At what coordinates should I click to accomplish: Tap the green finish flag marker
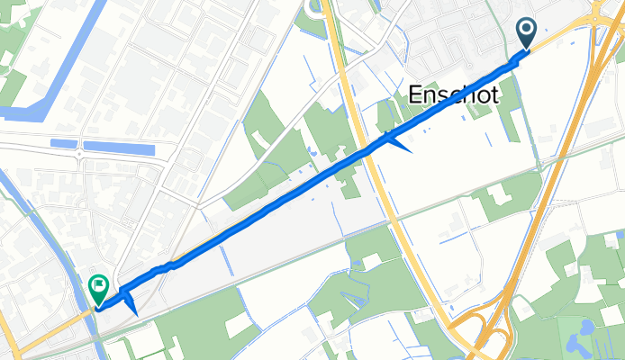tap(98, 289)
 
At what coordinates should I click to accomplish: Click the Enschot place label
tap(453, 93)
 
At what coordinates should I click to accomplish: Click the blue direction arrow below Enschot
tap(396, 141)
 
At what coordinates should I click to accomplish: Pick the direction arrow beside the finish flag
tap(130, 303)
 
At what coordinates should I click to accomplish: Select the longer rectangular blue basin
tap(118, 146)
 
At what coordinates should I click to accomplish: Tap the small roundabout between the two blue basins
tap(80, 154)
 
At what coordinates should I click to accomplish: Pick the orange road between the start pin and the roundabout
tap(558, 35)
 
